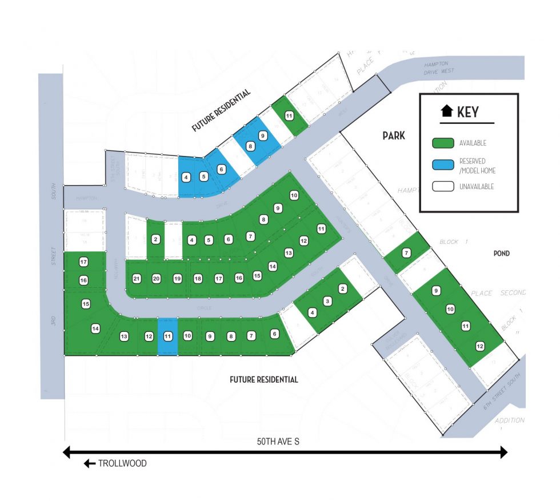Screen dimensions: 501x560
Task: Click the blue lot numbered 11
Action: [x=167, y=336]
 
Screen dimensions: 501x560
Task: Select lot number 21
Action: [x=137, y=279]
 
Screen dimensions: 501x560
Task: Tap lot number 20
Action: [x=157, y=279]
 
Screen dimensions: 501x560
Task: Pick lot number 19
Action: [x=177, y=279]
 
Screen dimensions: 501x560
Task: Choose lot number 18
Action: [x=198, y=279]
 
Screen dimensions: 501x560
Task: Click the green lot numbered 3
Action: [x=327, y=301]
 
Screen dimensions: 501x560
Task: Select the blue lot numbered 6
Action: [x=221, y=169]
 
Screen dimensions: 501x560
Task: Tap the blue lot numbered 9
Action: [x=262, y=136]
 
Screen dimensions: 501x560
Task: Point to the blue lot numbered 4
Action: [x=186, y=178]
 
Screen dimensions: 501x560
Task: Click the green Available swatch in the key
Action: [x=443, y=143]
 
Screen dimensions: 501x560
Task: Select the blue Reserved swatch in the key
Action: [x=443, y=165]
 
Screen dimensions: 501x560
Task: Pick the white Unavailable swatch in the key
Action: [x=443, y=186]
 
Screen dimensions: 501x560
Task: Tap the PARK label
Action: [x=394, y=135]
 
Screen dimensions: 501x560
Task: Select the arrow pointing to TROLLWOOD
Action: [x=90, y=464]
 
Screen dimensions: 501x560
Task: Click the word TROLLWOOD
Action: [x=123, y=464]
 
